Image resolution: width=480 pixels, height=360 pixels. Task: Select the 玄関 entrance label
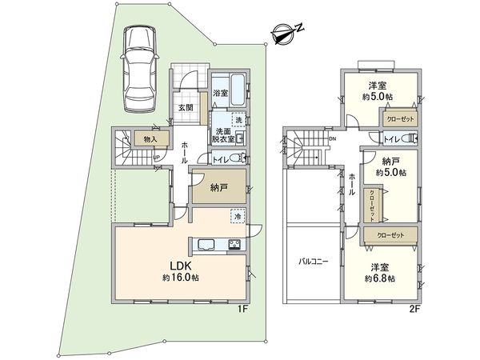(x=184, y=107)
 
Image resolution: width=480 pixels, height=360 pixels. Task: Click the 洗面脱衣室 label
(x=222, y=135)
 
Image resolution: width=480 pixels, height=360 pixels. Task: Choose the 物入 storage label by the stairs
(x=150, y=138)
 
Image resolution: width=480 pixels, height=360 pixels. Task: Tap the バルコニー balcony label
(x=311, y=262)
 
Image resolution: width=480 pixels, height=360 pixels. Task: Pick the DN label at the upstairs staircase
(x=333, y=138)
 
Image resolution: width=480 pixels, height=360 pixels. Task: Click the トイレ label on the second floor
(x=391, y=138)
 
